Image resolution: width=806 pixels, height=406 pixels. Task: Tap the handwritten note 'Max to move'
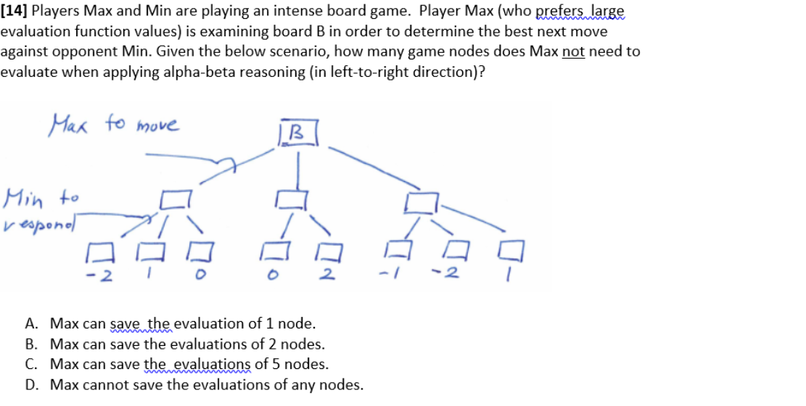pyautogui.click(x=114, y=125)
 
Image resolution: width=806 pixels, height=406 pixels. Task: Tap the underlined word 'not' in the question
pyautogui.click(x=573, y=51)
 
